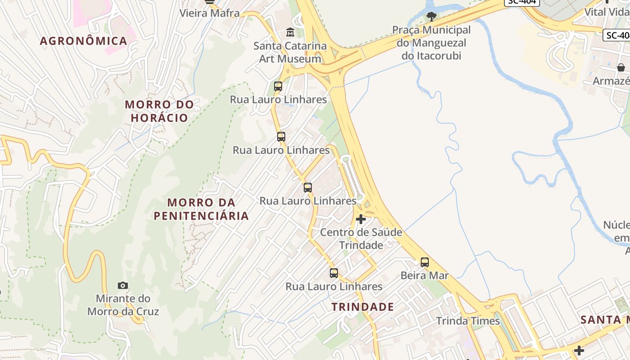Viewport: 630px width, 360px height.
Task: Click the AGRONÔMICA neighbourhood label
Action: coord(84,41)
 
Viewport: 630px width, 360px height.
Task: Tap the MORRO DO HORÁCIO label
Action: coord(159,111)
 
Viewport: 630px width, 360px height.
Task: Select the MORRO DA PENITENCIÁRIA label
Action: coord(201,209)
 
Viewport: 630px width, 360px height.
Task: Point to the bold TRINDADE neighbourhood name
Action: coord(363,307)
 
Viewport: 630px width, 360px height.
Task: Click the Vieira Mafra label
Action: coord(210,13)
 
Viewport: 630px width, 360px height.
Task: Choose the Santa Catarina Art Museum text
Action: coord(290,52)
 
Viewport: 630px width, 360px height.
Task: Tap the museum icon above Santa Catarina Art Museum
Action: coord(290,32)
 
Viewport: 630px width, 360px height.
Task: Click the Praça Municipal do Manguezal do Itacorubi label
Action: coord(431,43)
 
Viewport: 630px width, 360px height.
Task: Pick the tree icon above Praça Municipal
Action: coord(431,17)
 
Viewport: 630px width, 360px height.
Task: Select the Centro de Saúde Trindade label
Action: coord(361,238)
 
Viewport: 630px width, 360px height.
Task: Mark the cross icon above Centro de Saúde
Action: coord(361,219)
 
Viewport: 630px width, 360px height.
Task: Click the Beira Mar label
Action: coord(424,275)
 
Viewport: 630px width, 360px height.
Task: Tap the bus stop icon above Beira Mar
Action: coord(424,262)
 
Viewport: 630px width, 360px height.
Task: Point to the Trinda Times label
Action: coord(468,321)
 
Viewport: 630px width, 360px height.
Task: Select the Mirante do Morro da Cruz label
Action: coord(123,305)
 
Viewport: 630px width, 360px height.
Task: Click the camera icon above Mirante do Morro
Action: coord(123,285)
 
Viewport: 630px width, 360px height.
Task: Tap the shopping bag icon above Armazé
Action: coord(621,67)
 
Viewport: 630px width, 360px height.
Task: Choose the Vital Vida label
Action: coord(607,12)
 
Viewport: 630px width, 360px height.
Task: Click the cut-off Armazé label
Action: coord(611,81)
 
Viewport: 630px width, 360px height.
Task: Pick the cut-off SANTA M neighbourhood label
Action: coord(605,319)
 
